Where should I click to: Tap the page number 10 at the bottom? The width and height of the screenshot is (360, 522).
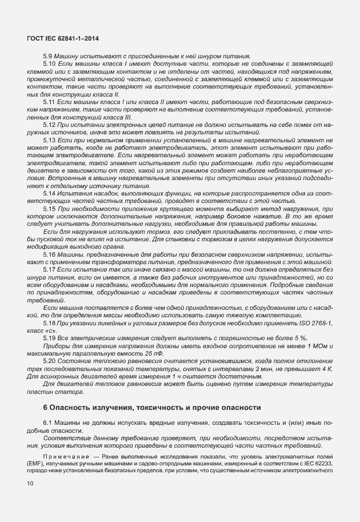(30, 484)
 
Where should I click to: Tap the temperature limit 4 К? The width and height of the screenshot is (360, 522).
(327, 369)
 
